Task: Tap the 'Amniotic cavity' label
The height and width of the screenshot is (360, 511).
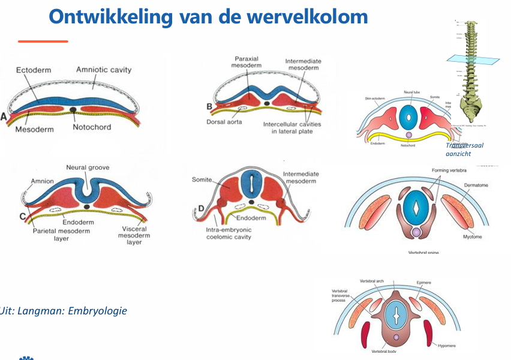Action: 104,70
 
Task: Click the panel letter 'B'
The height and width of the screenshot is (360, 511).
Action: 209,107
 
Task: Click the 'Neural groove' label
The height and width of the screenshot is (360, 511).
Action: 88,167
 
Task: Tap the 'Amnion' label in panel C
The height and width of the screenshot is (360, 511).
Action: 42,181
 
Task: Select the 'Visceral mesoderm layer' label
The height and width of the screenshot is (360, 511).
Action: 134,235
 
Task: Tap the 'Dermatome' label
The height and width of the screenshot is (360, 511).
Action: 476,185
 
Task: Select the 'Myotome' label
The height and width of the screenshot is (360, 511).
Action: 472,237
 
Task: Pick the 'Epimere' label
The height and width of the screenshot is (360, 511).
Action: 423,283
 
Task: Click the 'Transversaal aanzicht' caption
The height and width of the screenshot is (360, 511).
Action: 465,149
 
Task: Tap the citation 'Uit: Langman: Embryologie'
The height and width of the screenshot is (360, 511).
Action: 64,311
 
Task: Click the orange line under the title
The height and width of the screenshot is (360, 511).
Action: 43,41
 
